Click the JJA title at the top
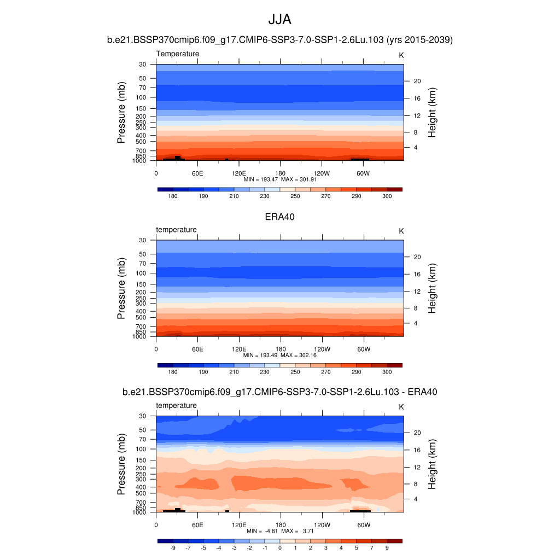[x=279, y=20]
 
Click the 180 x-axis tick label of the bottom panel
[x=280, y=524]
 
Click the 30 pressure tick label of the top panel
[x=142, y=65]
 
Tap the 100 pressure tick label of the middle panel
[x=141, y=273]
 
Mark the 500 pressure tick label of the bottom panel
[x=141, y=493]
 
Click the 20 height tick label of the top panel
[x=416, y=81]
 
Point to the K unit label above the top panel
[x=401, y=55]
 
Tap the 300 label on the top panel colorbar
[x=387, y=196]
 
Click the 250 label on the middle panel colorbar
[x=295, y=372]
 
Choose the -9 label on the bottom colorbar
[x=173, y=547]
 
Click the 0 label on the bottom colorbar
[x=280, y=547]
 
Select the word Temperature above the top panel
[x=178, y=54]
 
